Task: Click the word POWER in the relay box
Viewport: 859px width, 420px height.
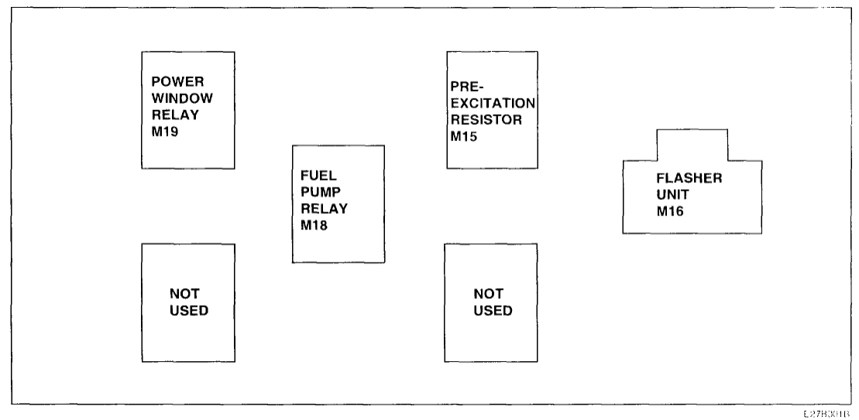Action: point(170,82)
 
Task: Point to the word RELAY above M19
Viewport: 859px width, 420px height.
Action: point(168,115)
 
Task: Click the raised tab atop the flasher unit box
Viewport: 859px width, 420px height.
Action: point(692,144)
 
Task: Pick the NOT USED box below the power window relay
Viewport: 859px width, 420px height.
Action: point(188,302)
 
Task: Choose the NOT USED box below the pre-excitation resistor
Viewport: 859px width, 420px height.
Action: point(491,302)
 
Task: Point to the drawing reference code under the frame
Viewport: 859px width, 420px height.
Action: point(835,412)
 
